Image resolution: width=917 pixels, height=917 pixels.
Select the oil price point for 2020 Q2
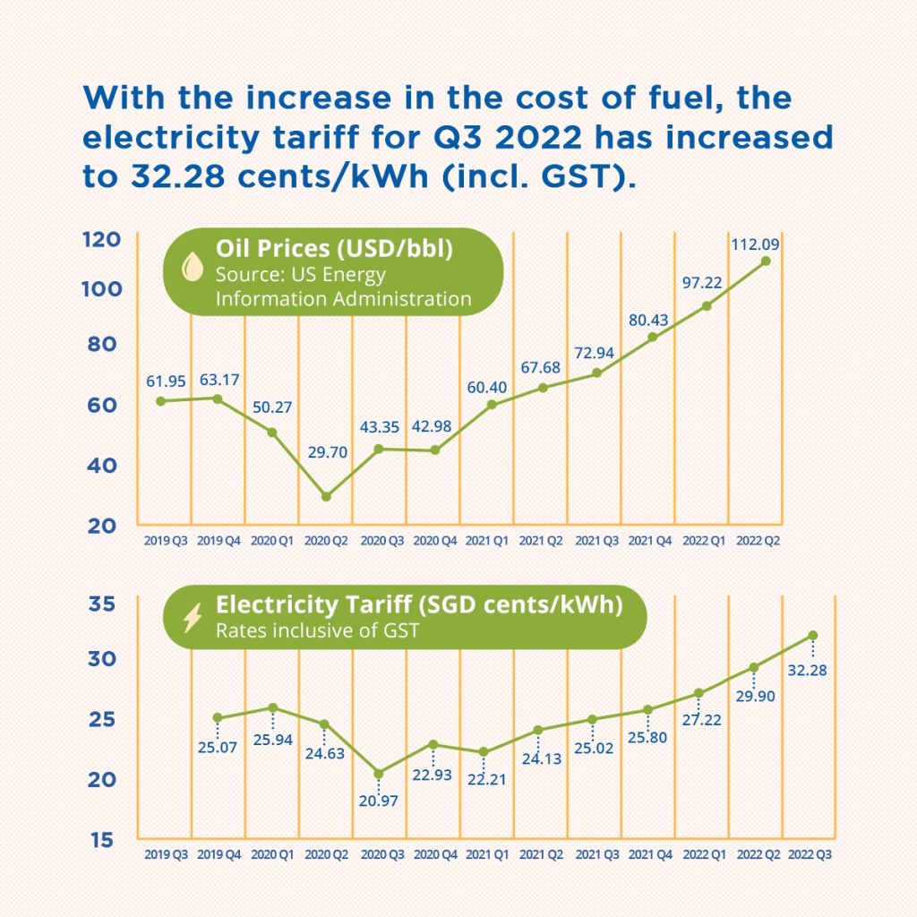(x=326, y=496)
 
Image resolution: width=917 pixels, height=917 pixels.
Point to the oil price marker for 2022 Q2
(x=765, y=261)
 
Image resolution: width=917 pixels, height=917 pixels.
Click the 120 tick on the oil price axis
(x=102, y=240)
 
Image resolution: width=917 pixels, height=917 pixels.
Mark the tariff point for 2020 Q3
(x=379, y=773)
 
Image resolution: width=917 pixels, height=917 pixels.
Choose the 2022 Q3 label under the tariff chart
(x=813, y=855)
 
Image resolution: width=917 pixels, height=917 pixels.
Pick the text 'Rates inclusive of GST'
(x=317, y=630)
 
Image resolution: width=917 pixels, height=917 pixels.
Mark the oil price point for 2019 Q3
(x=161, y=400)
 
